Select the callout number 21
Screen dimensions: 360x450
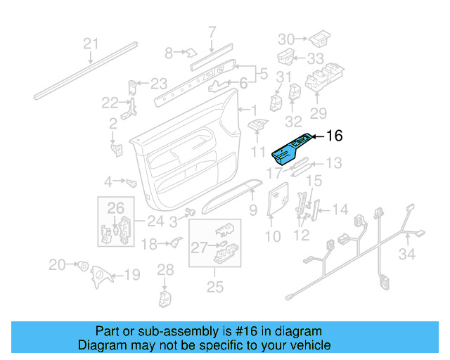click(x=91, y=44)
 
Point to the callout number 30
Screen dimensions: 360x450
click(x=286, y=39)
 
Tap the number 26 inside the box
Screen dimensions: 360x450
click(x=115, y=207)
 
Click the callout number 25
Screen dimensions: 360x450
click(x=214, y=286)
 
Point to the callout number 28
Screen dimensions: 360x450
click(x=165, y=269)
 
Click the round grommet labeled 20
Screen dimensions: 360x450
click(x=83, y=266)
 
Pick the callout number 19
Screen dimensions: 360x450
click(x=131, y=275)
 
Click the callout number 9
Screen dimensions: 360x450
click(x=253, y=210)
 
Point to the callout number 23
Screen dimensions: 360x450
click(x=159, y=83)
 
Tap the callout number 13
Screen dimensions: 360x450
click(x=333, y=163)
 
